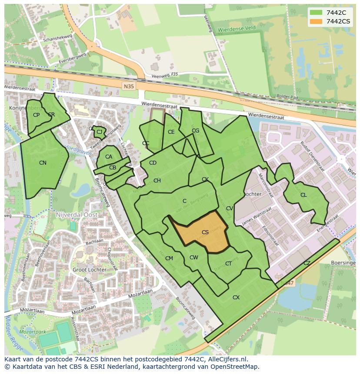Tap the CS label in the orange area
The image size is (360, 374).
pyautogui.click(x=205, y=232)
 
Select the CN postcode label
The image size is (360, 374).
pyautogui.click(x=43, y=163)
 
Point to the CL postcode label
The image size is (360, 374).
pyautogui.click(x=303, y=195)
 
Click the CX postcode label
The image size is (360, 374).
pyautogui.click(x=236, y=298)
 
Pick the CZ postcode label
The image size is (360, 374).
pyautogui.click(x=307, y=263)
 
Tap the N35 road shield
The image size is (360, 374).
pyautogui.click(x=129, y=86)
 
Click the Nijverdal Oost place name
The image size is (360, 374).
pyautogui.click(x=77, y=215)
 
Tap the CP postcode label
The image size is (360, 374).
pyautogui.click(x=36, y=115)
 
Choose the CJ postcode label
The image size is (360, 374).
pyautogui.click(x=100, y=132)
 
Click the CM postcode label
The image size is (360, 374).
pyautogui.click(x=169, y=258)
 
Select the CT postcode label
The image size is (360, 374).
pyautogui.click(x=228, y=264)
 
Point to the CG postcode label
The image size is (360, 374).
pyautogui.click(x=195, y=131)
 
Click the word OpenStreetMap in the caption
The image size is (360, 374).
pyautogui.click(x=233, y=366)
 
